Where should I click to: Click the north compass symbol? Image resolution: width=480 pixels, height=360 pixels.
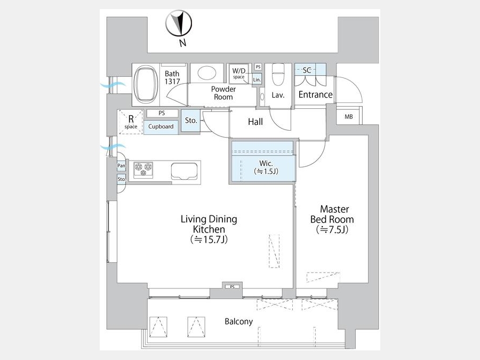[x=179, y=23]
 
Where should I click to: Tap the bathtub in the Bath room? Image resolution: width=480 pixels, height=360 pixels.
[x=146, y=85]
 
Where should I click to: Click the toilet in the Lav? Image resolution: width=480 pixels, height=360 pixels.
[x=278, y=74]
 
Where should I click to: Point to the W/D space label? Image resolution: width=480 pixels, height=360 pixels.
[x=239, y=73]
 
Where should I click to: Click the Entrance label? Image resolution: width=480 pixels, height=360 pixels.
[x=315, y=94]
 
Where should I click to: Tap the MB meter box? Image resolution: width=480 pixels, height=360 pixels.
[x=349, y=117]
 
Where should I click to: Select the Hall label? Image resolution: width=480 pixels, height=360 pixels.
[x=255, y=122]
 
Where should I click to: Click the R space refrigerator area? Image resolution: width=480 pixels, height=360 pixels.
[x=131, y=122]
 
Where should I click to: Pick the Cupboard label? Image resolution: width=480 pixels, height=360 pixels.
[x=161, y=126]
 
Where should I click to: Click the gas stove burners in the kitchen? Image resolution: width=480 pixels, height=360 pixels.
[x=143, y=170]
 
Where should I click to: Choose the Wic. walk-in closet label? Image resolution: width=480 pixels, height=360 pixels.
[x=266, y=167]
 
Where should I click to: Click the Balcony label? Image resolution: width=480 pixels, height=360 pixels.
[x=239, y=322]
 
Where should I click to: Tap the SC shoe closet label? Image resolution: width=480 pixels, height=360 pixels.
[x=307, y=70]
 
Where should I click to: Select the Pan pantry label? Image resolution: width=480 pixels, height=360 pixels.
[x=121, y=166]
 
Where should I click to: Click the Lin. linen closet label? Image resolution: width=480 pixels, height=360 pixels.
[x=257, y=79]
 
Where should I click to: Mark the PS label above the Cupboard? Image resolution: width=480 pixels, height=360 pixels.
[x=162, y=113]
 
